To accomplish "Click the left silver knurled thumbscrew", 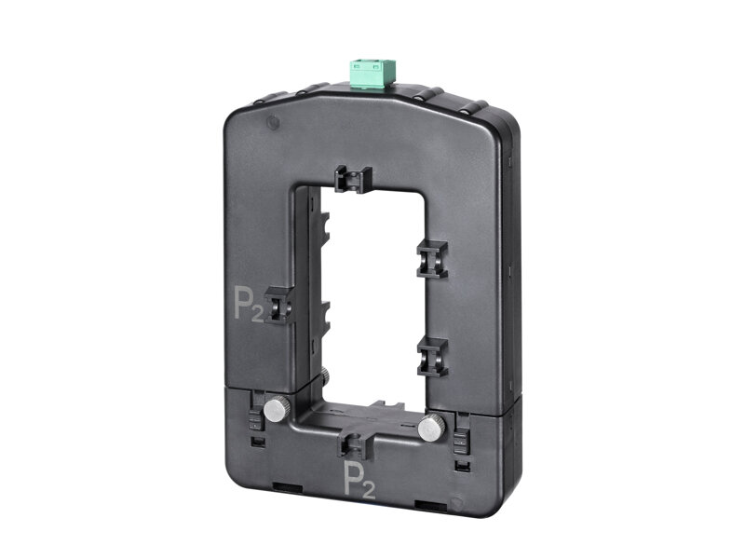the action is (276, 410).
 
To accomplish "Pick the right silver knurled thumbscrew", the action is (431, 427).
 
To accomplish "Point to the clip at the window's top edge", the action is (353, 179).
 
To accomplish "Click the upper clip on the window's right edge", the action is (432, 259).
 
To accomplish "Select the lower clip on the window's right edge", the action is (432, 357).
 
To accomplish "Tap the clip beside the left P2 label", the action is (278, 306).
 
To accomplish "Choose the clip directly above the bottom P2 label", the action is (353, 445).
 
